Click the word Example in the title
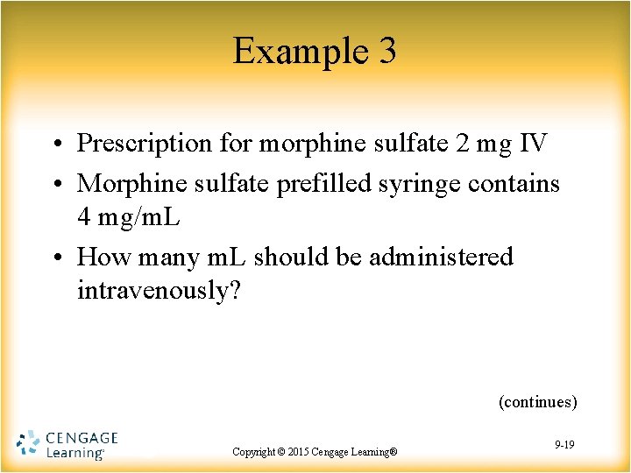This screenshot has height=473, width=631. [294, 52]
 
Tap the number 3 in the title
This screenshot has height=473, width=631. [387, 52]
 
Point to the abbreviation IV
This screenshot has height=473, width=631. [533, 143]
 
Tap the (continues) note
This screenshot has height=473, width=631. [537, 402]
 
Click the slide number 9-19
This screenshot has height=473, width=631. [564, 446]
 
